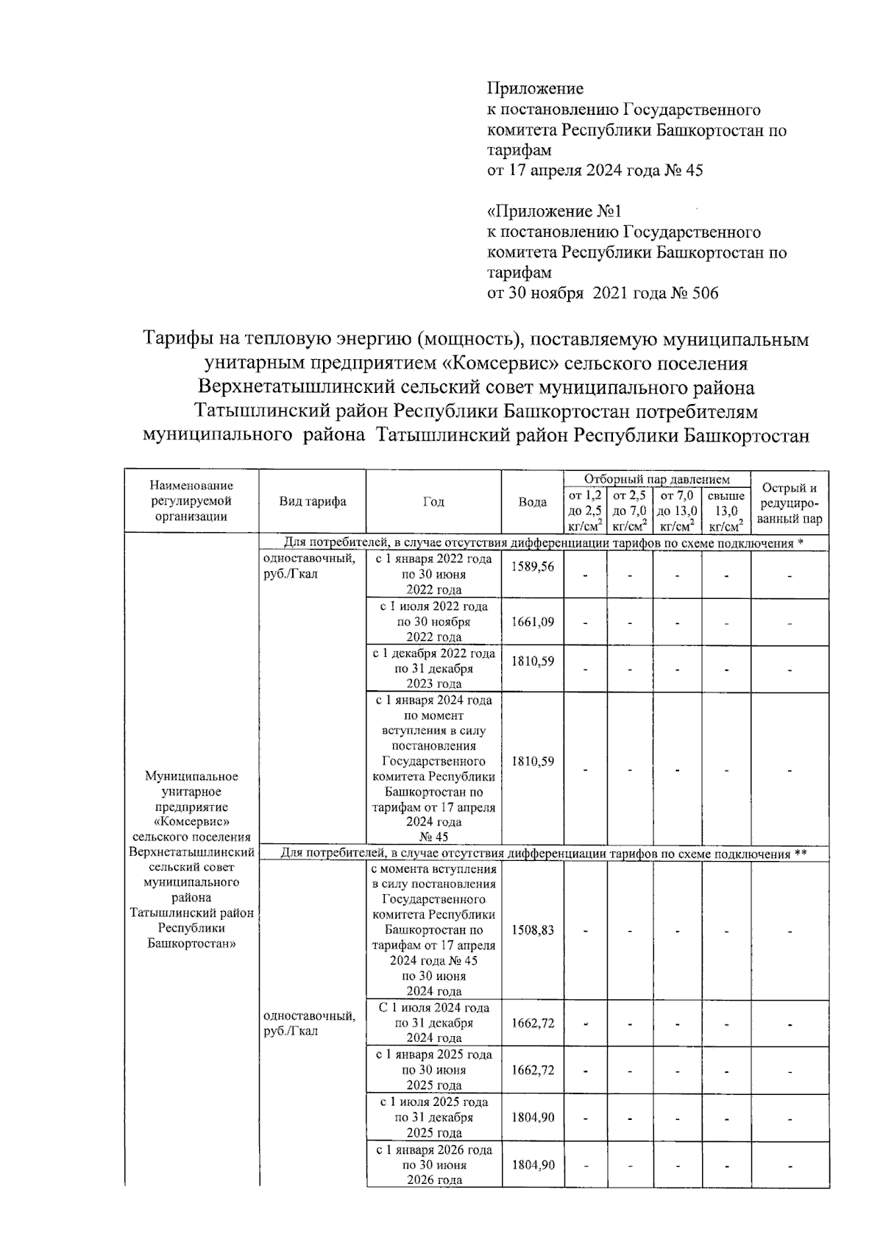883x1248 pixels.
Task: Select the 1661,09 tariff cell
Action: tap(532, 623)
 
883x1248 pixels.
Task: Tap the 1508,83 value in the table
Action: tap(532, 930)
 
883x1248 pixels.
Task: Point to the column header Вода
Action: tap(532, 502)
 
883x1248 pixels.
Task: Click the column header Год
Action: tap(433, 502)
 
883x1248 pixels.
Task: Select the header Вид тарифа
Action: tap(312, 502)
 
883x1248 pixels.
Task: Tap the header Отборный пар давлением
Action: tap(656, 479)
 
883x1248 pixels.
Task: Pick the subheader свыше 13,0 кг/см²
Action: tap(726, 511)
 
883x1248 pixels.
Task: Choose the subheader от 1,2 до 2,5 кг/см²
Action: tap(585, 511)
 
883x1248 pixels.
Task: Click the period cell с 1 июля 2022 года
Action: tap(433, 622)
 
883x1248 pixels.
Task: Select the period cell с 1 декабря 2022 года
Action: tap(433, 669)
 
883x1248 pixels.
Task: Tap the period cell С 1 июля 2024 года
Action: tap(433, 1023)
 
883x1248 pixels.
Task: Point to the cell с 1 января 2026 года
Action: tap(433, 1165)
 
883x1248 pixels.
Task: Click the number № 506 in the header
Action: tap(694, 294)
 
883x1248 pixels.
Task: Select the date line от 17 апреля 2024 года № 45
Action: tap(595, 171)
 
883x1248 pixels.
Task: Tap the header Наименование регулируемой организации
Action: tap(191, 501)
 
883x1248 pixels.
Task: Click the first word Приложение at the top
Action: tap(535, 89)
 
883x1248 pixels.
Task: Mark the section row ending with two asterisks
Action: tap(544, 854)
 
